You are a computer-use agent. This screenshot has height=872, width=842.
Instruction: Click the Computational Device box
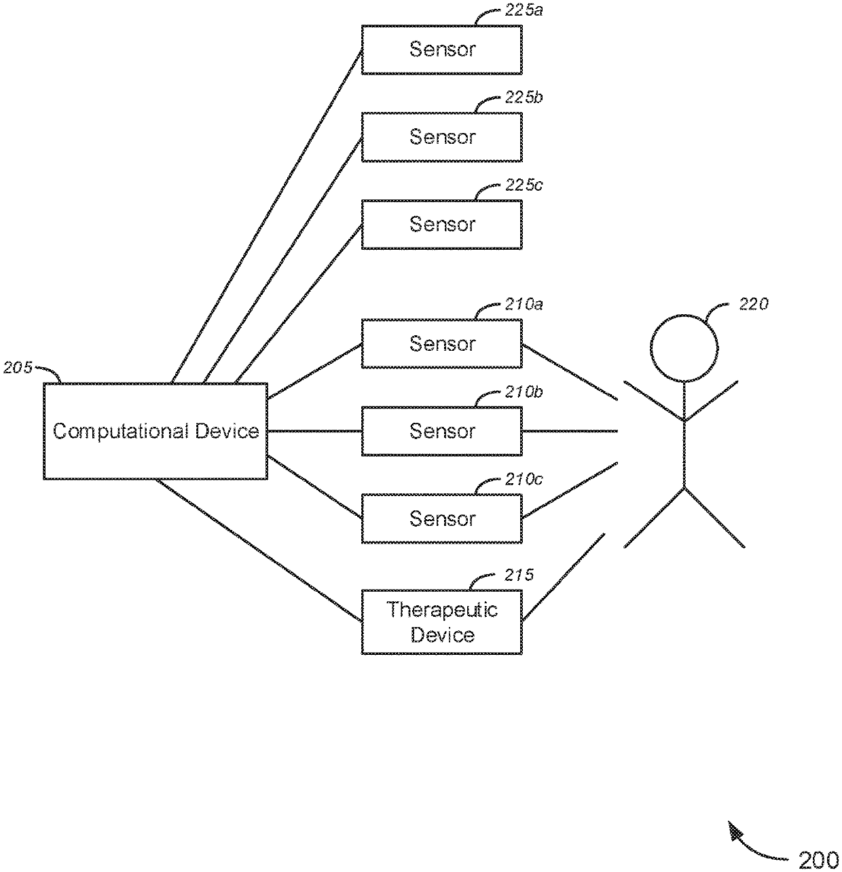coord(155,431)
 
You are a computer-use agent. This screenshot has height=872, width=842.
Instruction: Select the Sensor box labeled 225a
coord(441,50)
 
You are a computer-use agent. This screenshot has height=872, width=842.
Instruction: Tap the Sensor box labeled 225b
coord(441,136)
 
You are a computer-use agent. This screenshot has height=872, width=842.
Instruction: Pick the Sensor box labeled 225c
coord(441,224)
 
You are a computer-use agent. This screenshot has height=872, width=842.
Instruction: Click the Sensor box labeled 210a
coord(441,343)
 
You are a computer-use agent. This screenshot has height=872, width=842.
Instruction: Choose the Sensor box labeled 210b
coord(441,431)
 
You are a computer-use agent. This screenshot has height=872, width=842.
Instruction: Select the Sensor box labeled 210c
coord(441,518)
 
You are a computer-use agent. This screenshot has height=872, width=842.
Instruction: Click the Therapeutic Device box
coord(441,622)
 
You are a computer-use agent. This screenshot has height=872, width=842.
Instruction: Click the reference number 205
coord(18,367)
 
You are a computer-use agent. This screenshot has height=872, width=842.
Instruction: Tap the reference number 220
coord(753,304)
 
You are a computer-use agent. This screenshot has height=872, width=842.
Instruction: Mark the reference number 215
coord(519,575)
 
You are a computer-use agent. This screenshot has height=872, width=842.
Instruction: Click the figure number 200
coord(818,860)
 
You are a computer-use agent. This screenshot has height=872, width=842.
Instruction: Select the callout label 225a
coord(524,10)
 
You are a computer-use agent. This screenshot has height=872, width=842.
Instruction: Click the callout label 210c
coord(524,479)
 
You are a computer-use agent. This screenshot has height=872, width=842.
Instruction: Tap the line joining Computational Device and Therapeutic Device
coord(259,550)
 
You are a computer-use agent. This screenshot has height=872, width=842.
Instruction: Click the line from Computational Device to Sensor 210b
coord(315,431)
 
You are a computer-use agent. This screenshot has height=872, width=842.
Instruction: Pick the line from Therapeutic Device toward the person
coord(564,577)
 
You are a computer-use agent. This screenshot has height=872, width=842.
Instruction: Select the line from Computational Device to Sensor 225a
coord(267,216)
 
